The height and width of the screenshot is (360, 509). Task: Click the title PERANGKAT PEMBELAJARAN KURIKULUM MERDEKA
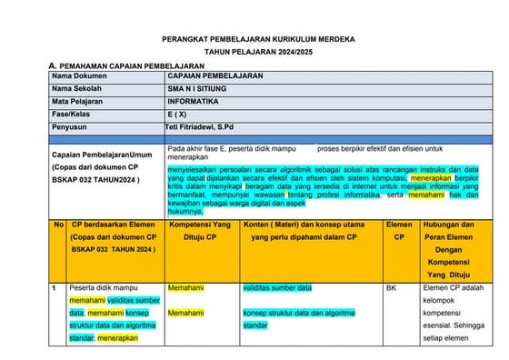pyautogui.click(x=258, y=41)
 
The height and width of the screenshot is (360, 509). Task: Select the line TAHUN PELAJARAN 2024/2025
pyautogui.click(x=258, y=54)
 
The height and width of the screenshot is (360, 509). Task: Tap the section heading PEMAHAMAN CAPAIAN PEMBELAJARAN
pyautogui.click(x=132, y=67)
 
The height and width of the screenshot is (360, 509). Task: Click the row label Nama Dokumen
pyautogui.click(x=79, y=77)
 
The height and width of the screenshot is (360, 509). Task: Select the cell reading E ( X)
pyautogui.click(x=178, y=115)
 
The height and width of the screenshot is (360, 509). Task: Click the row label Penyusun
pyautogui.click(x=72, y=128)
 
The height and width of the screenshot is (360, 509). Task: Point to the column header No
pyautogui.click(x=58, y=224)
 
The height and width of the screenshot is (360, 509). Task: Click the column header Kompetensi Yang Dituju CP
pyautogui.click(x=201, y=230)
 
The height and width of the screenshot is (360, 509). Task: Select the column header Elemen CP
pyautogui.click(x=398, y=230)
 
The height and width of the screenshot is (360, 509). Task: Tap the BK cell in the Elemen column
pyautogui.click(x=391, y=288)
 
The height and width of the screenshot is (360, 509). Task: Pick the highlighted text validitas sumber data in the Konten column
pyautogui.click(x=277, y=288)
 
